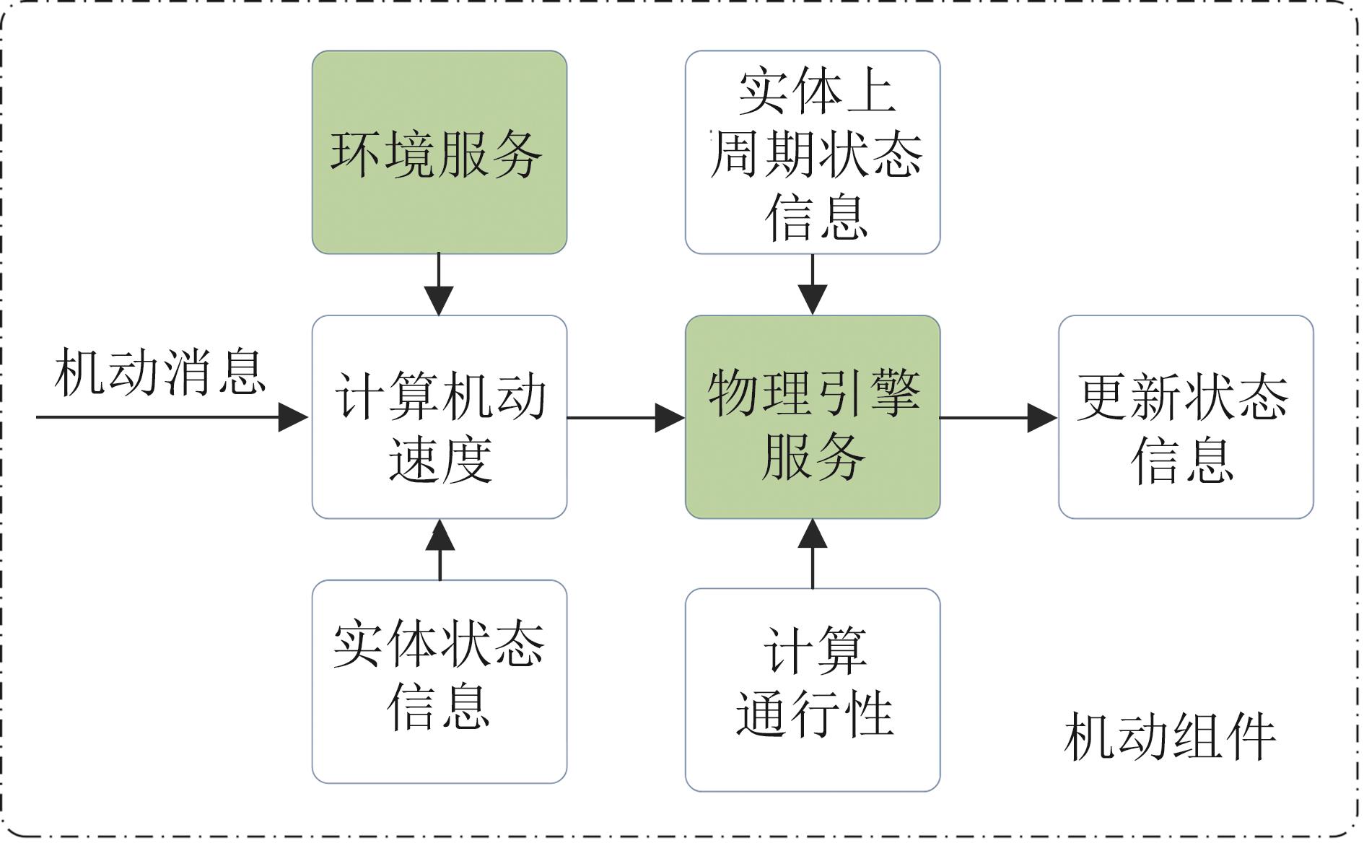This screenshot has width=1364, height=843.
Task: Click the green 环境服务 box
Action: point(440,152)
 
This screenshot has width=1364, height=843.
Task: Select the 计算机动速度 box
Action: point(440,417)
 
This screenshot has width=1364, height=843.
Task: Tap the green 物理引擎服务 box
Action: point(813,417)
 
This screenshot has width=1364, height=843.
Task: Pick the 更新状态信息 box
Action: point(1186,417)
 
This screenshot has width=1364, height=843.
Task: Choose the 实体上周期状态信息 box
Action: point(813,152)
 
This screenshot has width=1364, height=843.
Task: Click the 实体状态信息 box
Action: point(440,681)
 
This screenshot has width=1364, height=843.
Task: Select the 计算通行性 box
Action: point(813,690)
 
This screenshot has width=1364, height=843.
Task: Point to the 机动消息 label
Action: point(160,372)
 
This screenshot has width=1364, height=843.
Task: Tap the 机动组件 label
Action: point(1170,737)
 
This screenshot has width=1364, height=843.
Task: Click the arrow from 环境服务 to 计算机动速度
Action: point(439,284)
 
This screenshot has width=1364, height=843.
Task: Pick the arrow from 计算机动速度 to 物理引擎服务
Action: point(626,417)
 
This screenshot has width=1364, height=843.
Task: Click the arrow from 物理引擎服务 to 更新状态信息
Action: point(999,417)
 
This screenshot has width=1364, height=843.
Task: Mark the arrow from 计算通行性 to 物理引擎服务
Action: point(813,554)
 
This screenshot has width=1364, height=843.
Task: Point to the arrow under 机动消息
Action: point(172,417)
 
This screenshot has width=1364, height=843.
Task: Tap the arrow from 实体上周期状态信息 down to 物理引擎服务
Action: point(813,284)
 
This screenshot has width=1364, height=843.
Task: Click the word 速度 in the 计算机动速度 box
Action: point(440,459)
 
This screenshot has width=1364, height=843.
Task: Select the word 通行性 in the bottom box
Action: point(815,713)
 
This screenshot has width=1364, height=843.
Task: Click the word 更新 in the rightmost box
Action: point(1130,396)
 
